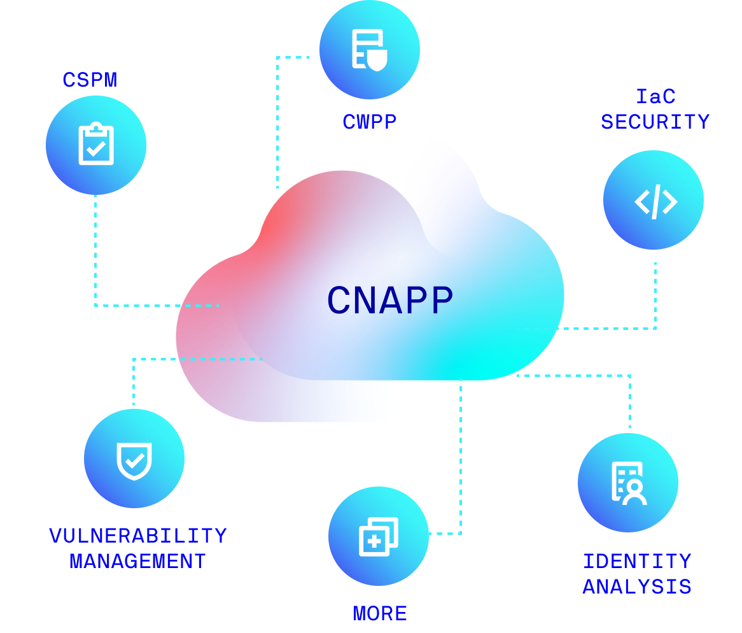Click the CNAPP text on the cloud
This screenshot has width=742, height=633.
(389, 301)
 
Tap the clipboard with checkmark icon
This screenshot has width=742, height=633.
(96, 145)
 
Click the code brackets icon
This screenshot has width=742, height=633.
(655, 202)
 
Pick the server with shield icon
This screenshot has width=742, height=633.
(368, 49)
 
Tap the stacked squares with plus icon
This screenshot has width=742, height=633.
(378, 536)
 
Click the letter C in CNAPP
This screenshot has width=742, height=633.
(339, 301)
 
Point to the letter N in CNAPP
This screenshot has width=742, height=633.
(366, 301)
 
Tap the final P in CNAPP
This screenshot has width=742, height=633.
(441, 301)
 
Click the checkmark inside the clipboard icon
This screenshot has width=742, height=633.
(96, 150)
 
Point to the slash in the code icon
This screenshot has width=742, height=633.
(655, 202)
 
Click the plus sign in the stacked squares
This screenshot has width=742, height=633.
(373, 541)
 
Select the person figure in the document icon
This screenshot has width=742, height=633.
(634, 492)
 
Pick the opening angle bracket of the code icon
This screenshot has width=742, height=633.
(642, 202)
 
